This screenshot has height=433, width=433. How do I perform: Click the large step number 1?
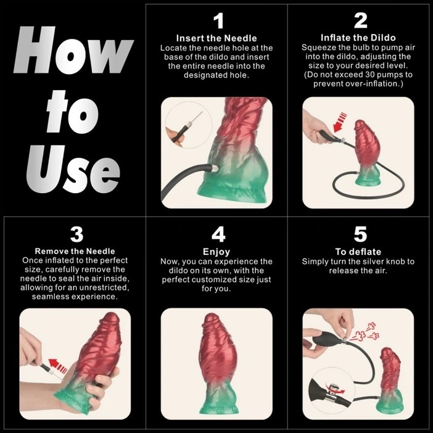point(218,22)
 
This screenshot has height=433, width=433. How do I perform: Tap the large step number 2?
point(361,22)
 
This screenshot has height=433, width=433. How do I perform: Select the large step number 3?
point(76,235)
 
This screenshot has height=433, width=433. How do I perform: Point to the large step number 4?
point(218,235)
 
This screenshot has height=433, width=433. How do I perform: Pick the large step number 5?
point(360,235)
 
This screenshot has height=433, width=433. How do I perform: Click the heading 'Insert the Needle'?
point(216,38)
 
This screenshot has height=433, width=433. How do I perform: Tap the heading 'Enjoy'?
point(216,252)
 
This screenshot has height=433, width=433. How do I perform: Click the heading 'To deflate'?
point(358,252)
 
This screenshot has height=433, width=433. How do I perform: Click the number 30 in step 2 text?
point(370,74)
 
